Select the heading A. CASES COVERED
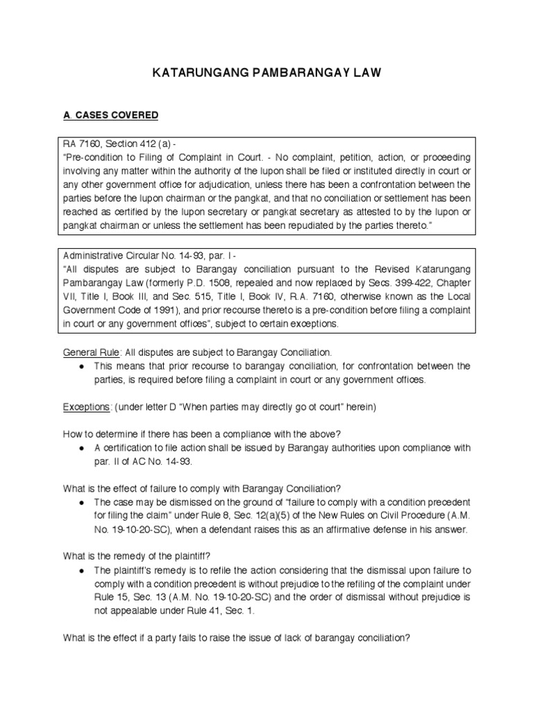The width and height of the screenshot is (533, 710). click(110, 114)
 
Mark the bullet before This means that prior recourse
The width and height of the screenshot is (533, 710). click(82, 366)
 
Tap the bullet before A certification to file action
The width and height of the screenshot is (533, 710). click(82, 448)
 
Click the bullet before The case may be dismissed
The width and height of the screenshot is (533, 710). click(82, 501)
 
